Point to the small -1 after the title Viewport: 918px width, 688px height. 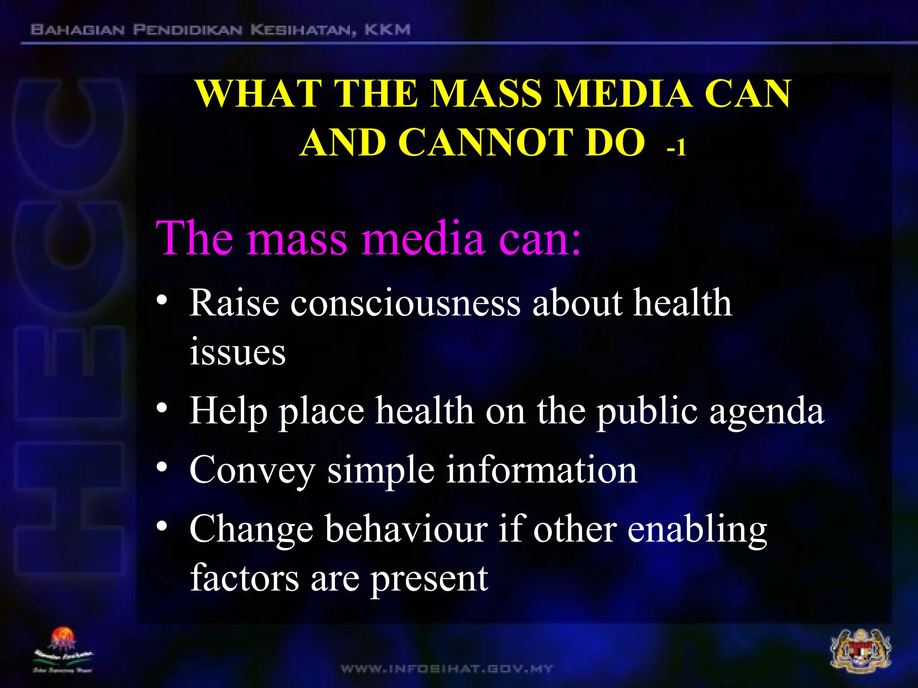pyautogui.click(x=676, y=147)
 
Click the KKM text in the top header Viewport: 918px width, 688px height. pyautogui.click(x=387, y=30)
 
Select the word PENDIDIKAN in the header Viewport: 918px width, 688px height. pyautogui.click(x=188, y=30)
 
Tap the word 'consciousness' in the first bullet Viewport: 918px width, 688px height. pyautogui.click(x=405, y=303)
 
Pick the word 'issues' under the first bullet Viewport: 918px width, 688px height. pyautogui.click(x=238, y=352)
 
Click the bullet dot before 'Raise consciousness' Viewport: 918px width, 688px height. pyautogui.click(x=162, y=300)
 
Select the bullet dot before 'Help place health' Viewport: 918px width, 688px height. pyautogui.click(x=162, y=408)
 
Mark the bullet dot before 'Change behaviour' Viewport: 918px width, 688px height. pyautogui.click(x=162, y=525)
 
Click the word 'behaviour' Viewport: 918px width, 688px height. pyautogui.click(x=406, y=529)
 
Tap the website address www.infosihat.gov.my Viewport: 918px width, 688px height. pyautogui.click(x=447, y=669)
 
